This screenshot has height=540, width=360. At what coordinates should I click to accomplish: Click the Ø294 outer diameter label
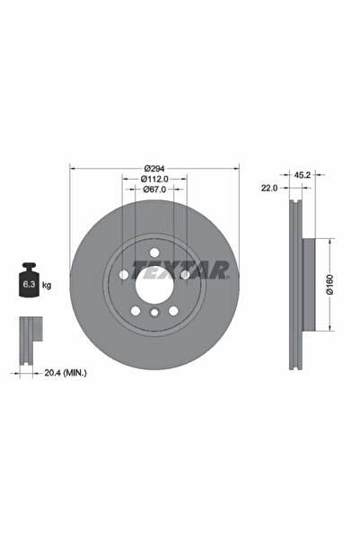155,169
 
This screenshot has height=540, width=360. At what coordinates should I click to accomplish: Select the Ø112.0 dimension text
155,180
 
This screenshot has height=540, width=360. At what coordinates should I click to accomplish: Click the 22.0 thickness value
268,187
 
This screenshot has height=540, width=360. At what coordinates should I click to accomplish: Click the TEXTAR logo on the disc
180,268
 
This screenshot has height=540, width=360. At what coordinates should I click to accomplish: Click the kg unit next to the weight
46,285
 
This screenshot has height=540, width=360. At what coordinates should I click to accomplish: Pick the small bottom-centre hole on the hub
155,313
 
